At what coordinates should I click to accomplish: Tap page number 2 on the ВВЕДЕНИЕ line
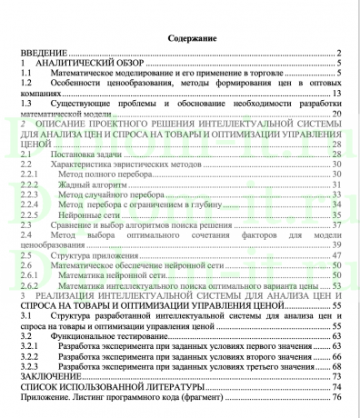point(337,55)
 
